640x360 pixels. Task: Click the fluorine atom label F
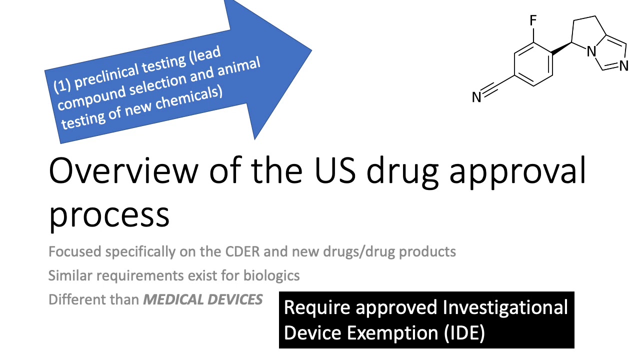(x=533, y=20)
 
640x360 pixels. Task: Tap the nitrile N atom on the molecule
(x=476, y=97)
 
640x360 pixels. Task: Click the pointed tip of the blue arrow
(x=310, y=50)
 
